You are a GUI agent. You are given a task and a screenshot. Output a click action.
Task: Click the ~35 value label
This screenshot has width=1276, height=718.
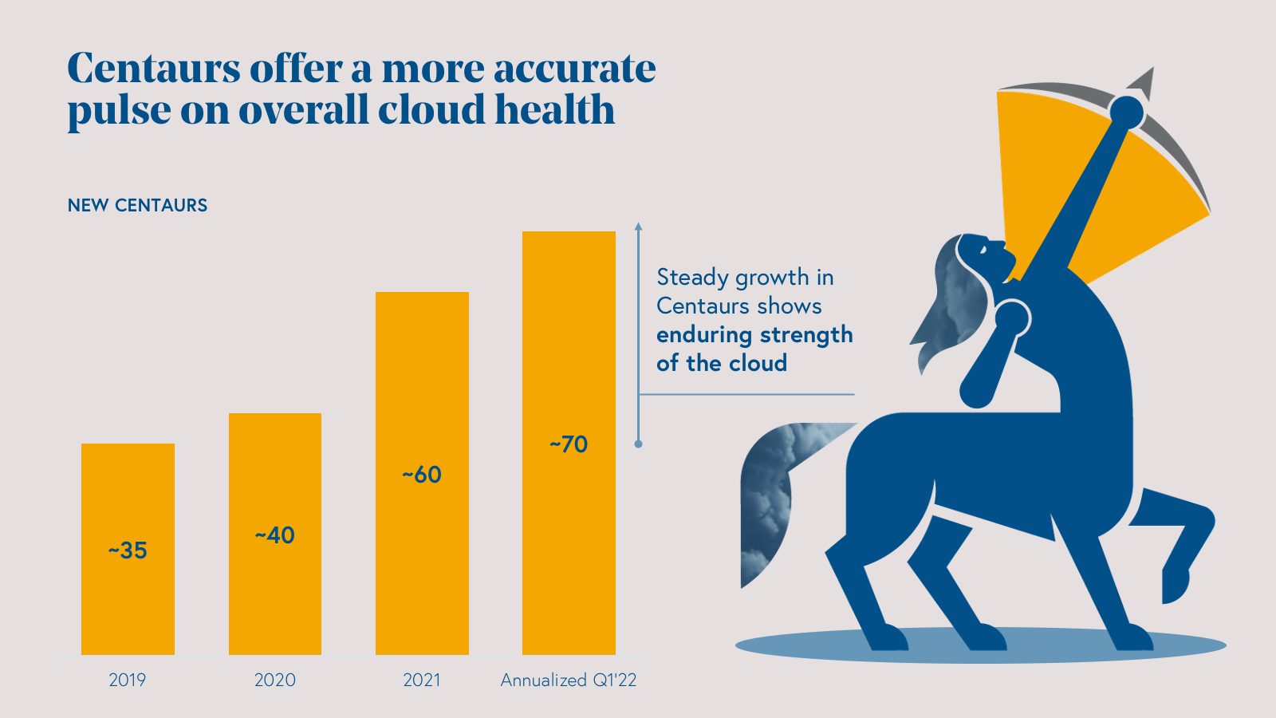coord(128,550)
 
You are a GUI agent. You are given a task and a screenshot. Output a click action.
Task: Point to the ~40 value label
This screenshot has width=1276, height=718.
coord(275,535)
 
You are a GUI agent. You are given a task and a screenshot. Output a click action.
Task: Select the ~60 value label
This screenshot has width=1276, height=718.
coord(422,475)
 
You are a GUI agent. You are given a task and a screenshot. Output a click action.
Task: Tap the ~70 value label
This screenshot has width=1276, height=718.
coord(569,444)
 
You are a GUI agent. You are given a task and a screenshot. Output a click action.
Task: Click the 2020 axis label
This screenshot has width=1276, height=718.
coord(275,680)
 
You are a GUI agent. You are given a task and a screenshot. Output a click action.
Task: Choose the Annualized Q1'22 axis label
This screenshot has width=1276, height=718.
coord(569,680)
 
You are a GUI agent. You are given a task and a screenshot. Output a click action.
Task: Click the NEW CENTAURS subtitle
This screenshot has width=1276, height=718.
coord(137,205)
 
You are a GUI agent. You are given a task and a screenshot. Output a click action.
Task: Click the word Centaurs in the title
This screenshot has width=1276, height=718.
coord(153,69)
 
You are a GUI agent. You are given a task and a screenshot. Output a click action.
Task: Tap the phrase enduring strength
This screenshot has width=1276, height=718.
coord(754,334)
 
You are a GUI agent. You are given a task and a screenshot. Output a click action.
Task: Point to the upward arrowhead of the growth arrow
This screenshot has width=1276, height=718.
coord(638,227)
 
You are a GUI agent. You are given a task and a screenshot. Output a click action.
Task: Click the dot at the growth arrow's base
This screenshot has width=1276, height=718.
coord(638,444)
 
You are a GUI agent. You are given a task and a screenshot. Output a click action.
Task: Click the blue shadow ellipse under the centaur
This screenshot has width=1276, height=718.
coord(797,646)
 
